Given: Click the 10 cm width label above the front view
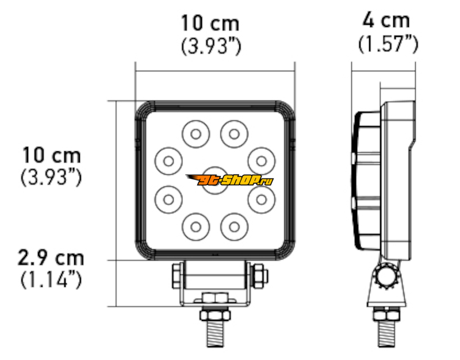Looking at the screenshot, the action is coord(210,23).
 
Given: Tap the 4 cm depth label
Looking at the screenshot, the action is coord(386,20).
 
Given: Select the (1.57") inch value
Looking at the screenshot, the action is coord(388,44).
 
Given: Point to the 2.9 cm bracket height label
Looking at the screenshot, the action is coord(51,258).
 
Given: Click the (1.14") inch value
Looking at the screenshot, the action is coord(51,279).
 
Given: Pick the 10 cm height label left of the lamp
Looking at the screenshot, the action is coord(51,155).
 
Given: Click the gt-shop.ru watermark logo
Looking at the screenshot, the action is coord(229,180).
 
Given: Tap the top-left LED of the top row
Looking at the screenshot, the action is coord(196,134).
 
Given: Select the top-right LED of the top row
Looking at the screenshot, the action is coord(234,134).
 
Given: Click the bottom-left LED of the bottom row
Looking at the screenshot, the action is coord(196,227).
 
